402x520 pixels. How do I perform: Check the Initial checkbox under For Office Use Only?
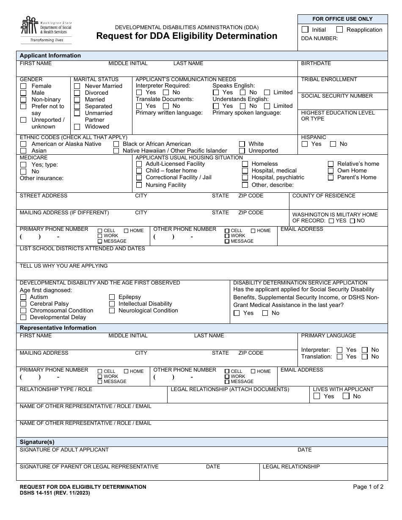click(x=305, y=30)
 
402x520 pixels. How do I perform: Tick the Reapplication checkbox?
click(x=339, y=30)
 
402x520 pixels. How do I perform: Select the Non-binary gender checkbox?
click(x=23, y=100)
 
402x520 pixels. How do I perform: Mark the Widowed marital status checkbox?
click(x=77, y=127)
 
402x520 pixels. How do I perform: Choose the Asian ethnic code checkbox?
click(x=23, y=151)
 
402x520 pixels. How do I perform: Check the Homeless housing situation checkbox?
click(x=245, y=164)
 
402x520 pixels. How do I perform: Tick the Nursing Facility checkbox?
click(x=139, y=185)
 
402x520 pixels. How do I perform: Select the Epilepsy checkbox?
click(x=112, y=297)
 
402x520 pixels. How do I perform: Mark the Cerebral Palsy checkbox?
click(x=23, y=304)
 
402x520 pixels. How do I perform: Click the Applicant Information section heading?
click(x=50, y=56)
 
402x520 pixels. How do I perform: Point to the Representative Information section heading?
click(x=58, y=328)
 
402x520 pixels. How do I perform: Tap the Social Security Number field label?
click(x=337, y=96)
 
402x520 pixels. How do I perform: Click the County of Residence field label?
click(x=324, y=196)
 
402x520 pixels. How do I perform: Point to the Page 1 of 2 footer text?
click(x=368, y=487)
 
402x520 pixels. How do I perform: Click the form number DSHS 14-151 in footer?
click(x=55, y=493)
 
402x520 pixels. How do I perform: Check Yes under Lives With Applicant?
click(x=317, y=397)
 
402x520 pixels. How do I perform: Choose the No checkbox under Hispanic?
click(x=333, y=144)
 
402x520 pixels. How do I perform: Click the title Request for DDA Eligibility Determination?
click(x=187, y=36)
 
